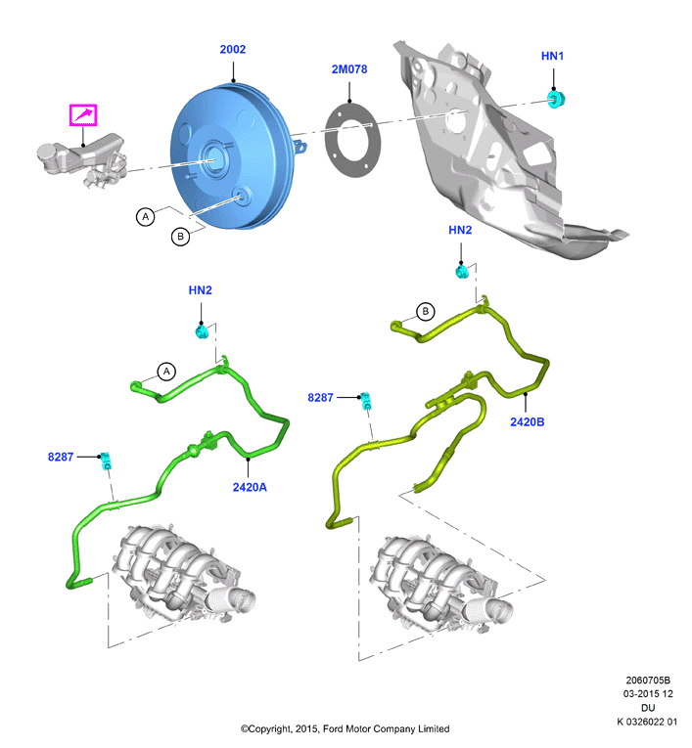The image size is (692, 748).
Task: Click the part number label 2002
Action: point(233,49)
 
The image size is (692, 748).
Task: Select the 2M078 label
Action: point(349,69)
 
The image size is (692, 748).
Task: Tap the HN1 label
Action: point(552,56)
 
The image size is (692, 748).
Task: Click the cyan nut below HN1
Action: point(556,100)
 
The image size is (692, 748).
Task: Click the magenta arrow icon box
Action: point(83,115)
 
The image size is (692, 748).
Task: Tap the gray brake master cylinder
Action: point(82,158)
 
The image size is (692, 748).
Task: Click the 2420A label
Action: point(250,487)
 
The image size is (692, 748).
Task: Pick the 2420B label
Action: point(528,421)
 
